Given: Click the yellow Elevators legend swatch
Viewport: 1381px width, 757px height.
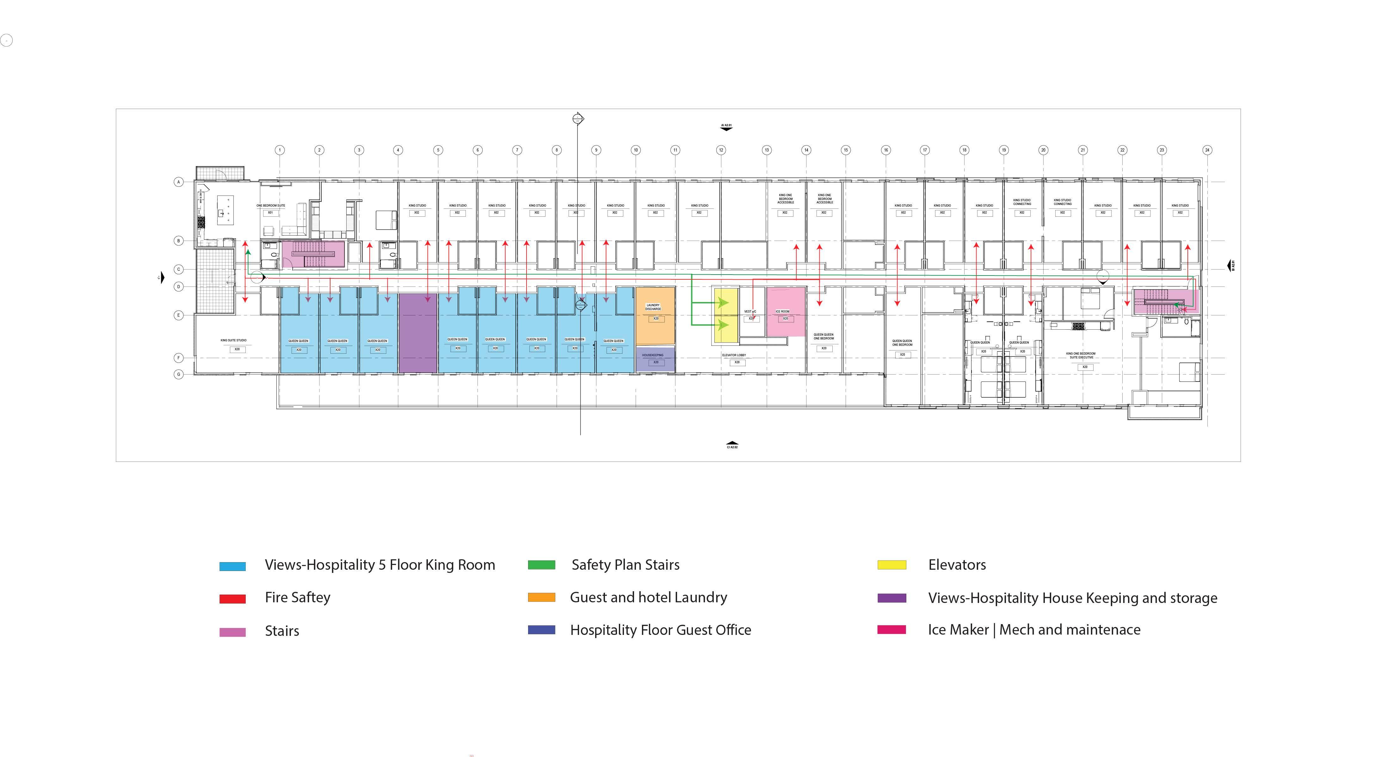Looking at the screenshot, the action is [x=891, y=565].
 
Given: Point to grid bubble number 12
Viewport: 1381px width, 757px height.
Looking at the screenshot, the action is [x=721, y=150].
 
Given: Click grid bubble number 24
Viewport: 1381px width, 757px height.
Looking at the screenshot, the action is [x=1207, y=150].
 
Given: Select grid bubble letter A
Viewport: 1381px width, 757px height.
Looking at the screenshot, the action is [x=179, y=182].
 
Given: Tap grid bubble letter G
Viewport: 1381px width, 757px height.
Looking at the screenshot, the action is [x=179, y=374].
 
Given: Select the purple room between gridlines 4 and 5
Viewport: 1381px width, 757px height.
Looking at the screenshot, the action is [x=418, y=332].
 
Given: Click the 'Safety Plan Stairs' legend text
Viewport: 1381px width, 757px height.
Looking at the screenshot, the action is [x=625, y=565].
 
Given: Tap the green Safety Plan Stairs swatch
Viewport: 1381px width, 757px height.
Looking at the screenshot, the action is [x=541, y=565].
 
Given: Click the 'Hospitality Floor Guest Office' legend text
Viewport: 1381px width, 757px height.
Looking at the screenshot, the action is [x=661, y=630].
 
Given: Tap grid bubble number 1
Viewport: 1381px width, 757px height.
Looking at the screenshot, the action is [x=280, y=150].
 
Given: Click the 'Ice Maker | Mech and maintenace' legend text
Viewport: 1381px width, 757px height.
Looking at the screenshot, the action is [x=1034, y=630].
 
